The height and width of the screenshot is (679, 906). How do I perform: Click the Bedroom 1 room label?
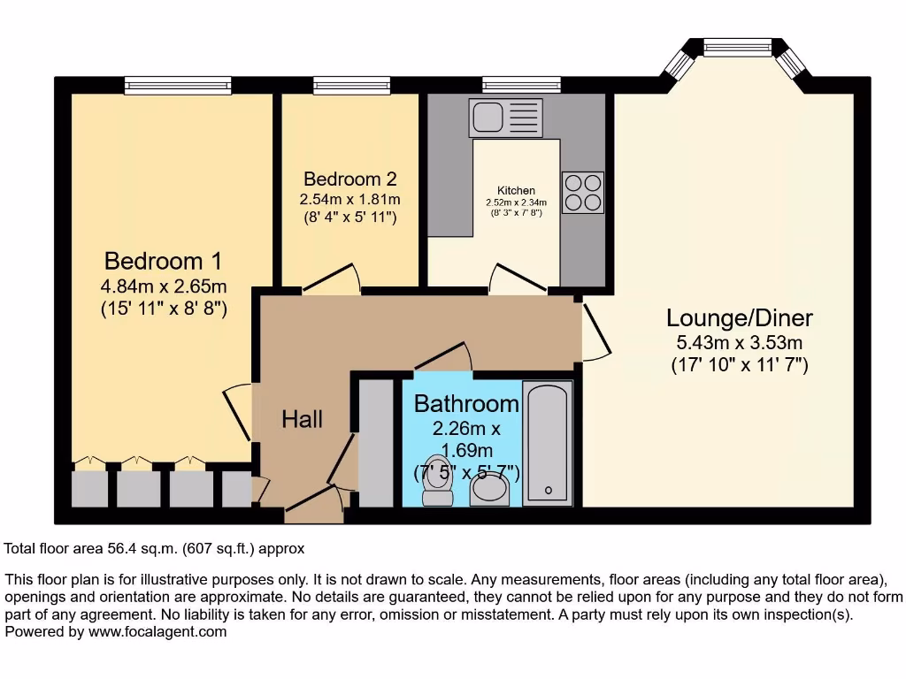coord(163,261)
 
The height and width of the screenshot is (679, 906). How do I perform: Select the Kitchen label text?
coord(516,190)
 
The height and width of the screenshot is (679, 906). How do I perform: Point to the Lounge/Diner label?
coord(739,317)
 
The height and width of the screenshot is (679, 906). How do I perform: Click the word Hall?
coord(302,419)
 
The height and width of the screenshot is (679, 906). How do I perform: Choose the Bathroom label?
coord(466,404)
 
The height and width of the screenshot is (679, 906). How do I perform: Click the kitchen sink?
coord(506,117)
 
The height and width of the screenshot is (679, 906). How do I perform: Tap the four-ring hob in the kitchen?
coord(582,192)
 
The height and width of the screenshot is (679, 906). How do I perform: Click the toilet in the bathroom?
coord(437,483)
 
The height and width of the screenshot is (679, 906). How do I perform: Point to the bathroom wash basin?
coord(489,492)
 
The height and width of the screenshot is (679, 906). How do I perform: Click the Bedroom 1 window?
coord(178,85)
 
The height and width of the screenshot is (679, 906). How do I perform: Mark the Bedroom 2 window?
coord(351,85)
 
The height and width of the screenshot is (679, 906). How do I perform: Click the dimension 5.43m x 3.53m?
coord(739,343)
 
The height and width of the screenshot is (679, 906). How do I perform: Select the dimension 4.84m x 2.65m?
coord(163,286)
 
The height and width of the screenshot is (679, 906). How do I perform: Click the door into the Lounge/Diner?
coord(595,332)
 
